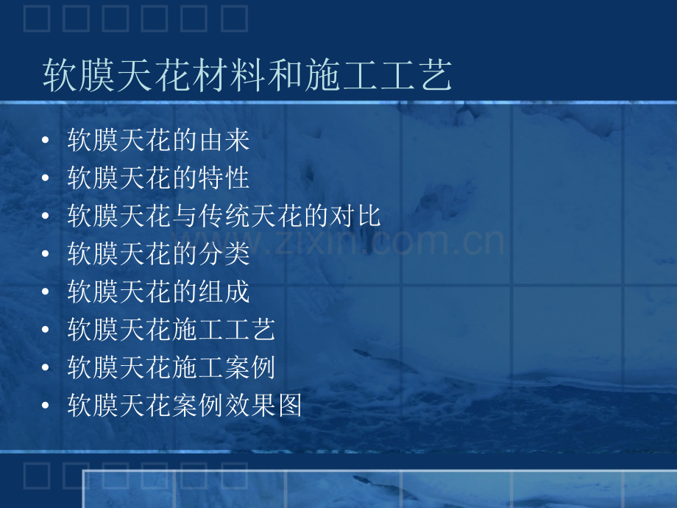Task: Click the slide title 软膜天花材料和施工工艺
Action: [x=247, y=75]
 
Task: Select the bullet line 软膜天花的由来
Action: [x=158, y=140]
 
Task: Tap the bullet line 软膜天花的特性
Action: [x=158, y=177]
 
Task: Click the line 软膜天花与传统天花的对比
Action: [x=224, y=216]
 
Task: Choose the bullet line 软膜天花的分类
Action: [x=158, y=253]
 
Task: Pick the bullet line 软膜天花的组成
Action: [x=158, y=292]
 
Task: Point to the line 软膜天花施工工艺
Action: [x=171, y=329]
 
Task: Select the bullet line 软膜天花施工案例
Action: [x=171, y=367]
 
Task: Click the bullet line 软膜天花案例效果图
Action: [x=185, y=405]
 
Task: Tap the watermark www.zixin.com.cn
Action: [x=338, y=242]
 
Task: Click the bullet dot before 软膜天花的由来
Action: [x=46, y=140]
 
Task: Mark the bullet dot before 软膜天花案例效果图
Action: [x=46, y=405]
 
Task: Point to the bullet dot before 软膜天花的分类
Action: [x=46, y=253]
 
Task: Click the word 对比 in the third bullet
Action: [x=355, y=216]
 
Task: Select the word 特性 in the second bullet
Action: [x=224, y=177]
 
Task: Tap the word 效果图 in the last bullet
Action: [x=263, y=405]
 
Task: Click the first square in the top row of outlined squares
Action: [x=37, y=18]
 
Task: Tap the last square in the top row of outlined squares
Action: [x=235, y=18]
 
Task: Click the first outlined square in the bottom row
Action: [x=37, y=476]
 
